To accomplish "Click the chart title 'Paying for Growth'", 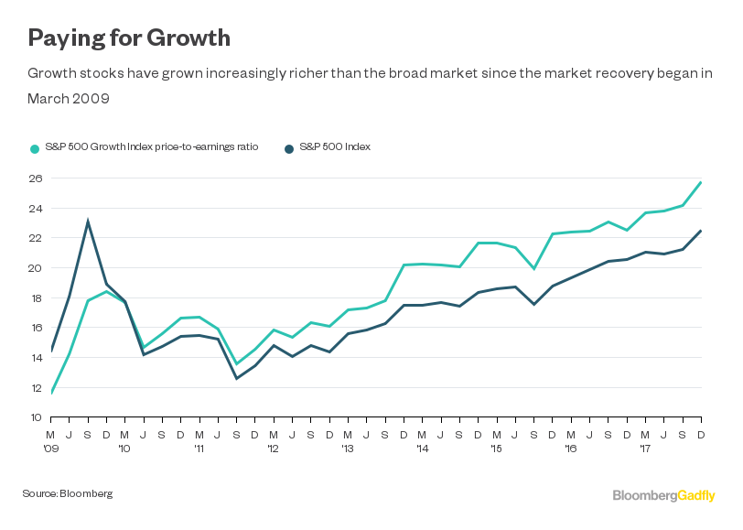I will tap(128, 38).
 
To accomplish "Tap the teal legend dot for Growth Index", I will tap(35, 147).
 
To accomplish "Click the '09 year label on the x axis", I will tap(52, 449).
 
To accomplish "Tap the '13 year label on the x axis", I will tap(348, 449).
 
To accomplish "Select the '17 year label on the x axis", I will tap(645, 449).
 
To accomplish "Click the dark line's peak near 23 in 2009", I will tap(88, 221).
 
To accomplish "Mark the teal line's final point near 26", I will tap(701, 182).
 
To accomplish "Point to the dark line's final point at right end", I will tap(701, 231).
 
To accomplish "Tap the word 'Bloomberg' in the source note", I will tap(86, 493).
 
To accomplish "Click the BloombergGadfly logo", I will tap(663, 495).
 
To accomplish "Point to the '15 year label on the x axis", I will tap(496, 449).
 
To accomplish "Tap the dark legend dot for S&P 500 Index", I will tap(289, 147).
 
